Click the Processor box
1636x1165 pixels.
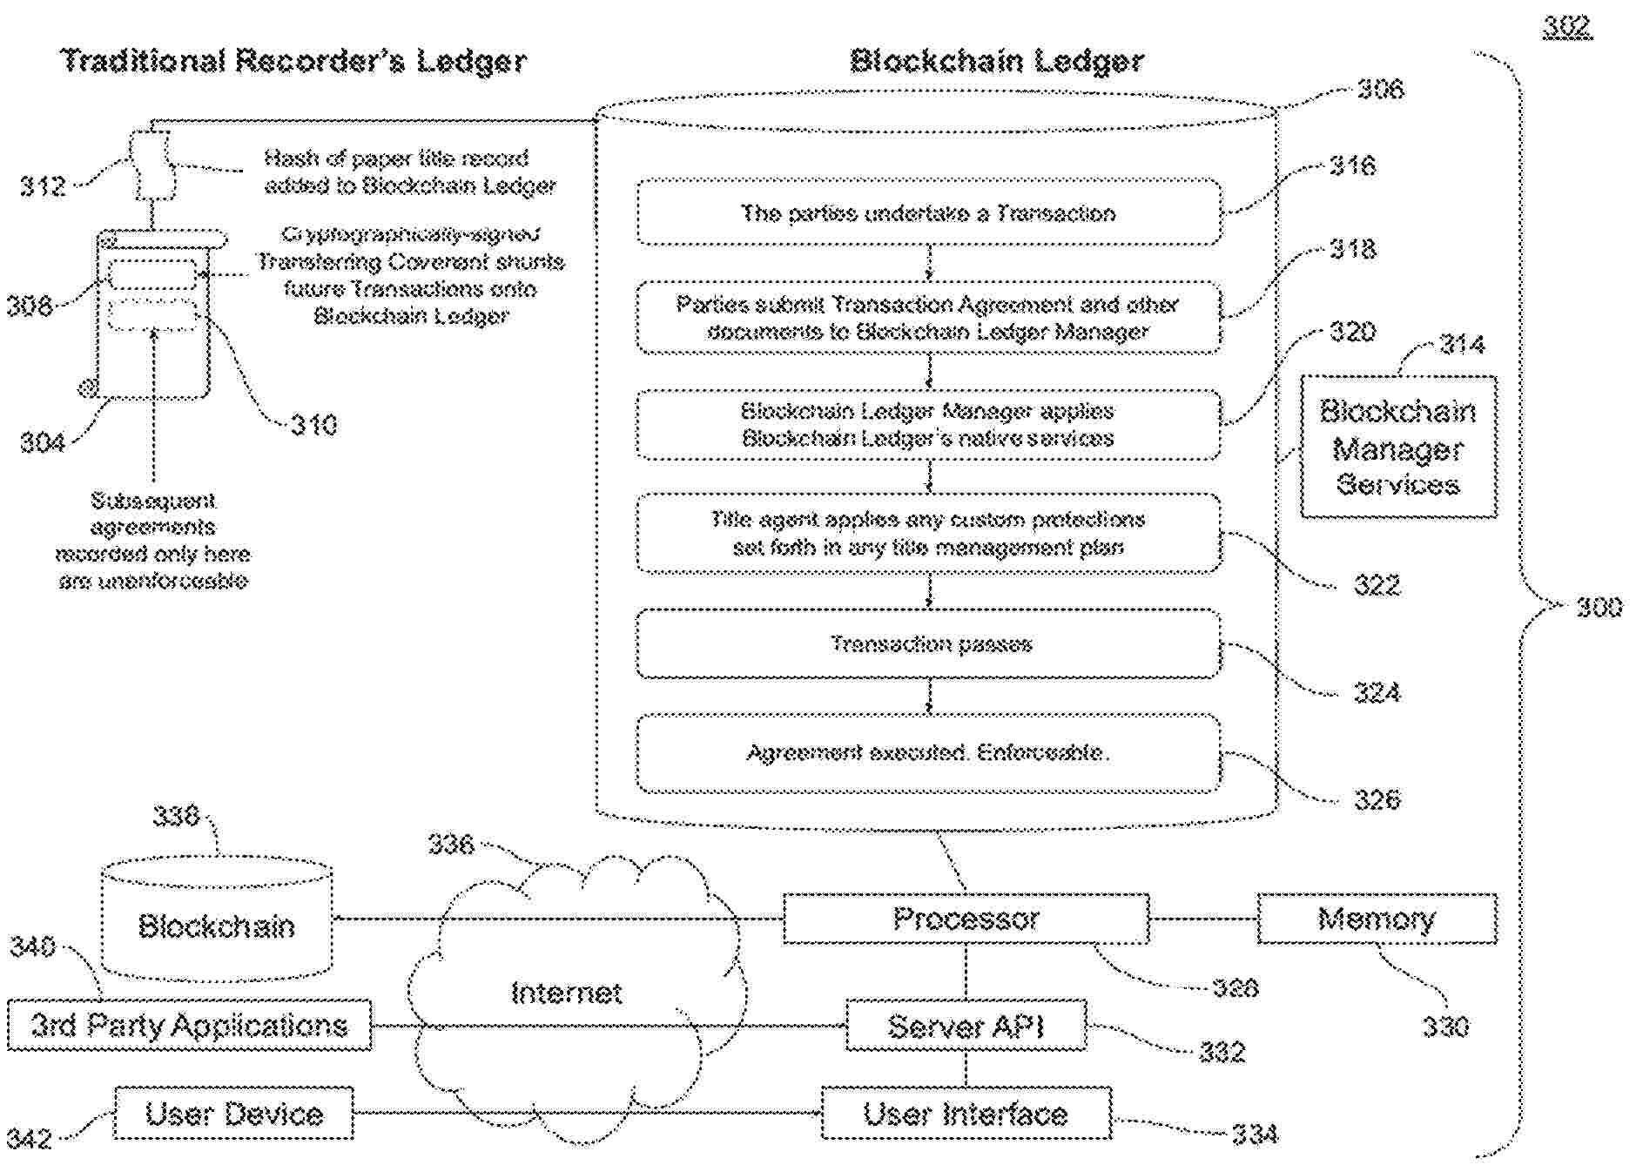click(966, 919)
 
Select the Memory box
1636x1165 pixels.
click(1377, 919)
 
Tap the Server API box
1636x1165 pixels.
click(966, 1026)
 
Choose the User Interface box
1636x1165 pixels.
click(966, 1114)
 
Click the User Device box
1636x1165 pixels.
click(234, 1114)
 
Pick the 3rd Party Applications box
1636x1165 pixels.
click(189, 1026)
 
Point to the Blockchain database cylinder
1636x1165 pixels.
click(217, 923)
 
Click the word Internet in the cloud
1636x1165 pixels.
click(566, 993)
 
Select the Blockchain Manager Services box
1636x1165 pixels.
click(1398, 448)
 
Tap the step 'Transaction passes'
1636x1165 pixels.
click(929, 644)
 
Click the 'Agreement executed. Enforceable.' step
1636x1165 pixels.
click(929, 752)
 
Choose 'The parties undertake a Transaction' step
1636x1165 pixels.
click(929, 213)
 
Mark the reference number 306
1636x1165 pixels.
click(1380, 89)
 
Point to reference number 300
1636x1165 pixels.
click(1599, 607)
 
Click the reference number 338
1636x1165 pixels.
click(176, 816)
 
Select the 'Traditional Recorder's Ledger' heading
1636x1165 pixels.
click(293, 61)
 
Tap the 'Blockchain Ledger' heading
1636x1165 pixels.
click(996, 61)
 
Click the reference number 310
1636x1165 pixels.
click(313, 425)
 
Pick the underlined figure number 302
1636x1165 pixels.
click(1567, 27)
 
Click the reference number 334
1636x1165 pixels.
click(1255, 1134)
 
